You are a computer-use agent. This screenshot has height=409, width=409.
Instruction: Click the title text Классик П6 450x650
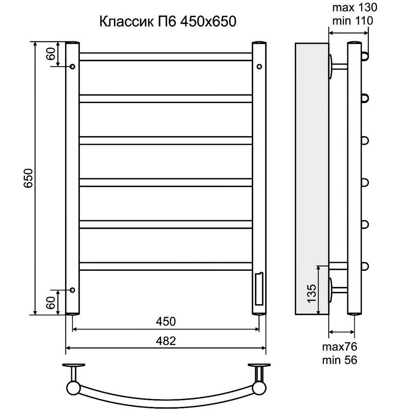[168, 22]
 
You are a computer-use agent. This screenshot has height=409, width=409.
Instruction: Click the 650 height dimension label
[28, 178]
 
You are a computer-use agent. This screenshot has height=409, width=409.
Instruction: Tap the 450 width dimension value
[166, 321]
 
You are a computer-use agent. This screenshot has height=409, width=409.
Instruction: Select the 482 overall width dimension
[166, 341]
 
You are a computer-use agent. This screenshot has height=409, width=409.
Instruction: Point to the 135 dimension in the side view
[312, 293]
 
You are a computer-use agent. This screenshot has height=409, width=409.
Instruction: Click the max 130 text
[355, 7]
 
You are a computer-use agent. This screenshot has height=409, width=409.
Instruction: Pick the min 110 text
[353, 20]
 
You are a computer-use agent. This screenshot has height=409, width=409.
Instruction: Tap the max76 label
[339, 347]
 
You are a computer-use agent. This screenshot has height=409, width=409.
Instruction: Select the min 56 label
[339, 360]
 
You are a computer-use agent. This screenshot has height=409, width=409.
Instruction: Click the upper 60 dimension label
[52, 54]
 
